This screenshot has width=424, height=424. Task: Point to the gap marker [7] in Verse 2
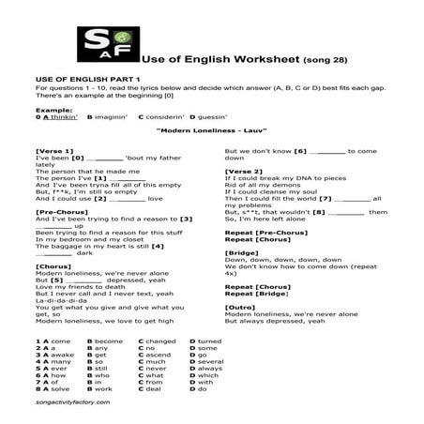326,198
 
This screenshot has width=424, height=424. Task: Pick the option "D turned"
204,341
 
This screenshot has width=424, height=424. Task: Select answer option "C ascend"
155,355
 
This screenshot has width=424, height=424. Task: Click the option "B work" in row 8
99,387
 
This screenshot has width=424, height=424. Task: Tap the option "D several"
206,361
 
